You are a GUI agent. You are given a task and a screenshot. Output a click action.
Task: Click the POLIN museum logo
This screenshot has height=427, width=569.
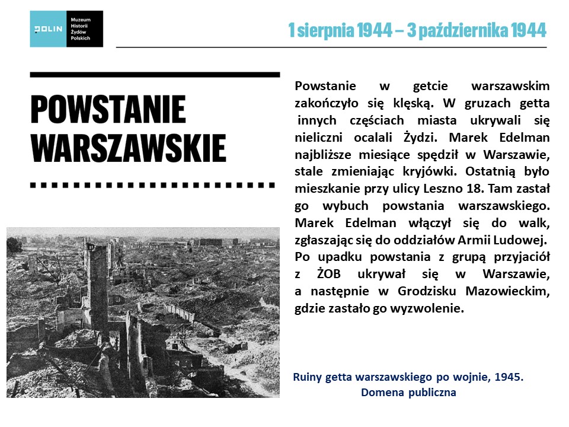pos(66,28)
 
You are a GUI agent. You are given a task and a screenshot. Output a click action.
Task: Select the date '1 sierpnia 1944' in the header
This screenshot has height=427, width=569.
pos(341,30)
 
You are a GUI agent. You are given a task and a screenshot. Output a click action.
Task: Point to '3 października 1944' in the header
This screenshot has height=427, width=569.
pos(478,30)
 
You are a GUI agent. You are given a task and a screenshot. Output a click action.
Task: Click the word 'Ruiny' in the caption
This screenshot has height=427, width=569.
pos(309,377)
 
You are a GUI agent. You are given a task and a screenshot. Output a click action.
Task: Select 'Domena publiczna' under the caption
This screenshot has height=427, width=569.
pos(408,392)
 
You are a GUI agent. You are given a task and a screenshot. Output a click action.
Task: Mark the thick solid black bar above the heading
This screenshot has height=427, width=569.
pos(154,75)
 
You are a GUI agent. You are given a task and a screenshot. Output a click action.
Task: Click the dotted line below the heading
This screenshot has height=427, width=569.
pos(153,185)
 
